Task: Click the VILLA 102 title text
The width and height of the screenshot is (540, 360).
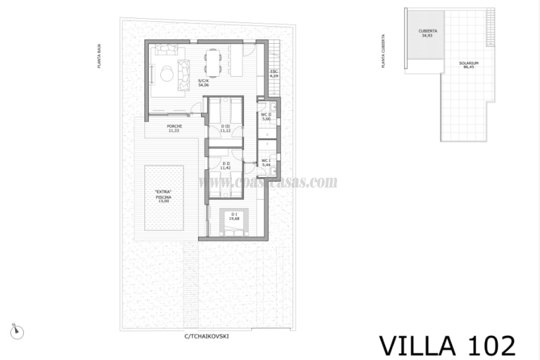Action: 447,346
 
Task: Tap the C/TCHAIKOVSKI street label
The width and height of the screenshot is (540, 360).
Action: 209,335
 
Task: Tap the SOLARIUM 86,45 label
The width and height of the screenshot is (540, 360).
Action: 468,65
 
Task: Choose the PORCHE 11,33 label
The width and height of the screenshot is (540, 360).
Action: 174,128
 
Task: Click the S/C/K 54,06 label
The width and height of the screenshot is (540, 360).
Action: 203,83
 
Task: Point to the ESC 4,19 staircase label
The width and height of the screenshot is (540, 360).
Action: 274,74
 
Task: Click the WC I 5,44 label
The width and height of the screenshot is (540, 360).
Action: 266,162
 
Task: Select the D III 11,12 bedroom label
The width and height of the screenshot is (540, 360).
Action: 225,128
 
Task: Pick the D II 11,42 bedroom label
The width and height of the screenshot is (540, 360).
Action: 225,165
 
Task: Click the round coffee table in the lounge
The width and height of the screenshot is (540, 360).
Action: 166,72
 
